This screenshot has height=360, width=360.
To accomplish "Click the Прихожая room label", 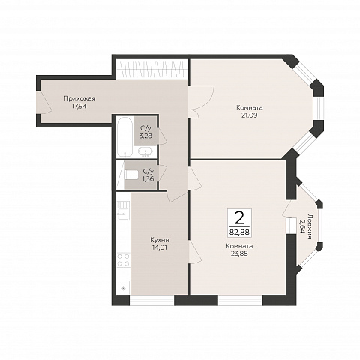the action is click(x=79, y=98).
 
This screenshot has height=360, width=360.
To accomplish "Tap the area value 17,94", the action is click(x=79, y=106).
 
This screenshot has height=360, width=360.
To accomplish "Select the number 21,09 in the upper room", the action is click(x=250, y=115).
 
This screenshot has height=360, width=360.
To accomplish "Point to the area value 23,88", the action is click(x=240, y=253).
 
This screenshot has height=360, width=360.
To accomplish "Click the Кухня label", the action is click(x=160, y=240).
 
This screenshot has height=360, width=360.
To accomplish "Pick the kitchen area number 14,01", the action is click(x=160, y=247).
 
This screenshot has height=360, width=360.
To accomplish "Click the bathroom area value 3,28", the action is click(x=145, y=136).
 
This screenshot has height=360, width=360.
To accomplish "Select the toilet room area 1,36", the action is click(x=148, y=178).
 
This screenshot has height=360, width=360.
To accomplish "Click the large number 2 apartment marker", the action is click(x=239, y=218).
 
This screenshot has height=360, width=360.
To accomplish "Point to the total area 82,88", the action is click(x=239, y=232).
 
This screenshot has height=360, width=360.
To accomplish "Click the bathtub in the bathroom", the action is click(x=124, y=137).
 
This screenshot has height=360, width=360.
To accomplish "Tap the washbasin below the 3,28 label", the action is click(x=145, y=152).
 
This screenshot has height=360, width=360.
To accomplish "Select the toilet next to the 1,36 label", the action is click(x=131, y=175).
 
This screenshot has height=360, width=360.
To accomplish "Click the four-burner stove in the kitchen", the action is click(x=124, y=259).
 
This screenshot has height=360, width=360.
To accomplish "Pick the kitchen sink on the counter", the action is click(x=124, y=209).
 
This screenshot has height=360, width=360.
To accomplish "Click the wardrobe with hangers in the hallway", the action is click(x=152, y=69).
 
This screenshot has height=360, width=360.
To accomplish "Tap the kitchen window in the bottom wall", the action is click(x=152, y=300).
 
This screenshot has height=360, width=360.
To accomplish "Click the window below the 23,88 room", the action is click(x=240, y=300).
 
